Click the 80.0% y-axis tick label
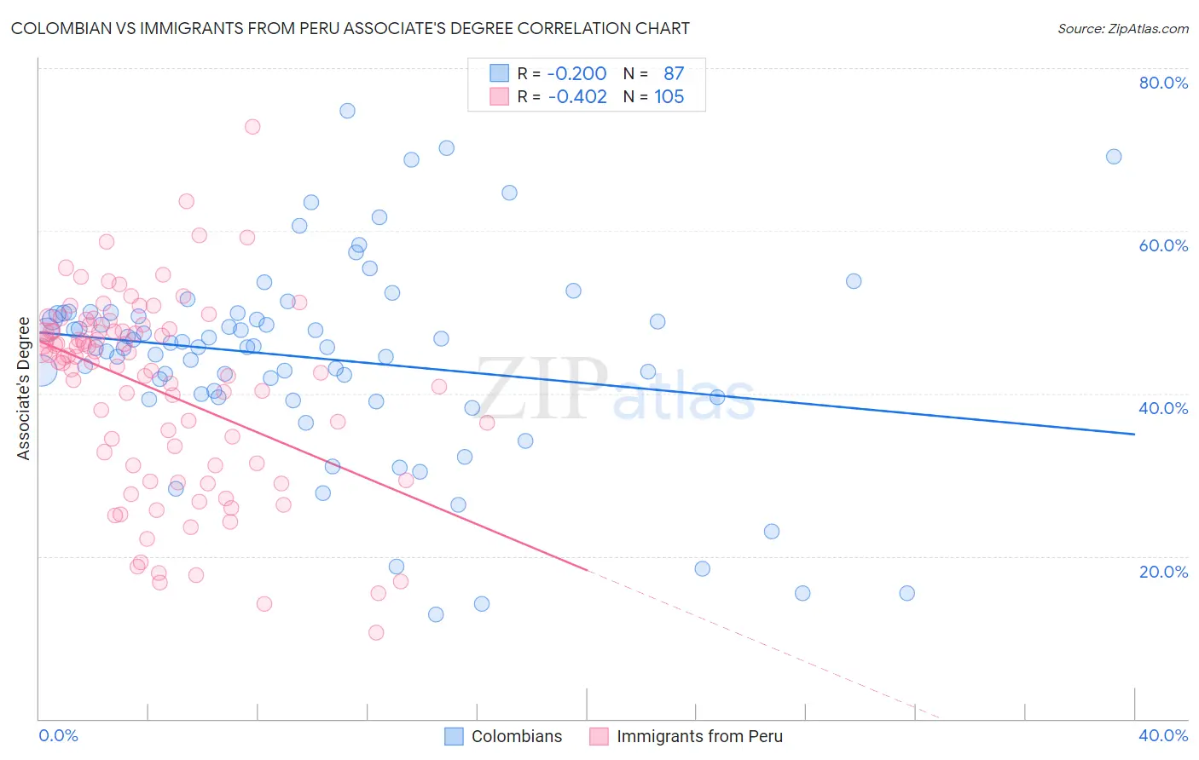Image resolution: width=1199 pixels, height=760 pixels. (x=1163, y=83)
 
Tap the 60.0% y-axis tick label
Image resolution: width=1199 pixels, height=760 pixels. (x=1163, y=245)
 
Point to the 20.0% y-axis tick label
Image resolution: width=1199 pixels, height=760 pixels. (x=1163, y=572)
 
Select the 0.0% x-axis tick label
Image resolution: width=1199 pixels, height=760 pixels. (x=58, y=735)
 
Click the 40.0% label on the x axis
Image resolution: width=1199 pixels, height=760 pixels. (x=1163, y=735)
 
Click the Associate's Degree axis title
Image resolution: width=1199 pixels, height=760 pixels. (x=24, y=389)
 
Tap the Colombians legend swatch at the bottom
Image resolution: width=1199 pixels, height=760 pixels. (x=455, y=736)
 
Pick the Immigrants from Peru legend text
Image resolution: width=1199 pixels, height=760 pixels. (x=699, y=736)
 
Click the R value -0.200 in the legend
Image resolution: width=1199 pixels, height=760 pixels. (x=576, y=74)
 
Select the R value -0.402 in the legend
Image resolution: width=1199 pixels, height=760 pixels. (x=576, y=97)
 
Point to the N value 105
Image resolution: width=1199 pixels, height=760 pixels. (x=669, y=97)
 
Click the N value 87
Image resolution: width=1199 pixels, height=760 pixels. (x=674, y=74)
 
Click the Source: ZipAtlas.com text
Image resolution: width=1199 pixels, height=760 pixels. (x=1122, y=28)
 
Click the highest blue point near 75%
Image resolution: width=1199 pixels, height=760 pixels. (x=347, y=111)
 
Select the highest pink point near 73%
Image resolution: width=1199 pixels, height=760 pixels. (x=252, y=127)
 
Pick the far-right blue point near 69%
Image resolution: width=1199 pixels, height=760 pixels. (x=1114, y=157)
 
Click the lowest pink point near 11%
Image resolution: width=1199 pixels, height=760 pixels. (x=376, y=632)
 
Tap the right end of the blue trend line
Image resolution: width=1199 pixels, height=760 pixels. (x=1134, y=435)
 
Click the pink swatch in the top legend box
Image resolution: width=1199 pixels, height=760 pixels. (x=499, y=97)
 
